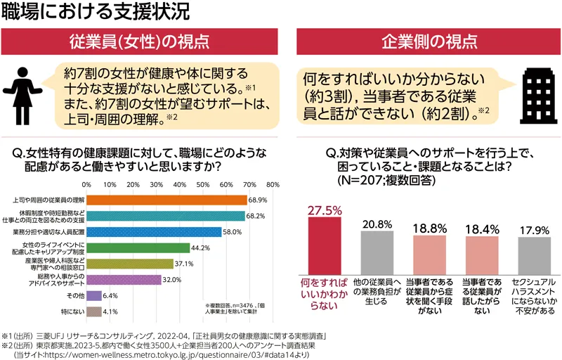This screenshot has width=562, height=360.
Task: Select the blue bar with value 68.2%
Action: click(x=166, y=215)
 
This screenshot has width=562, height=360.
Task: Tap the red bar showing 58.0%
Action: click(x=153, y=231)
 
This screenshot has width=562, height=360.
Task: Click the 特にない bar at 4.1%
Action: click(x=91, y=311)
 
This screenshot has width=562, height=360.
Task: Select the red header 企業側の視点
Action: click(x=429, y=43)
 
